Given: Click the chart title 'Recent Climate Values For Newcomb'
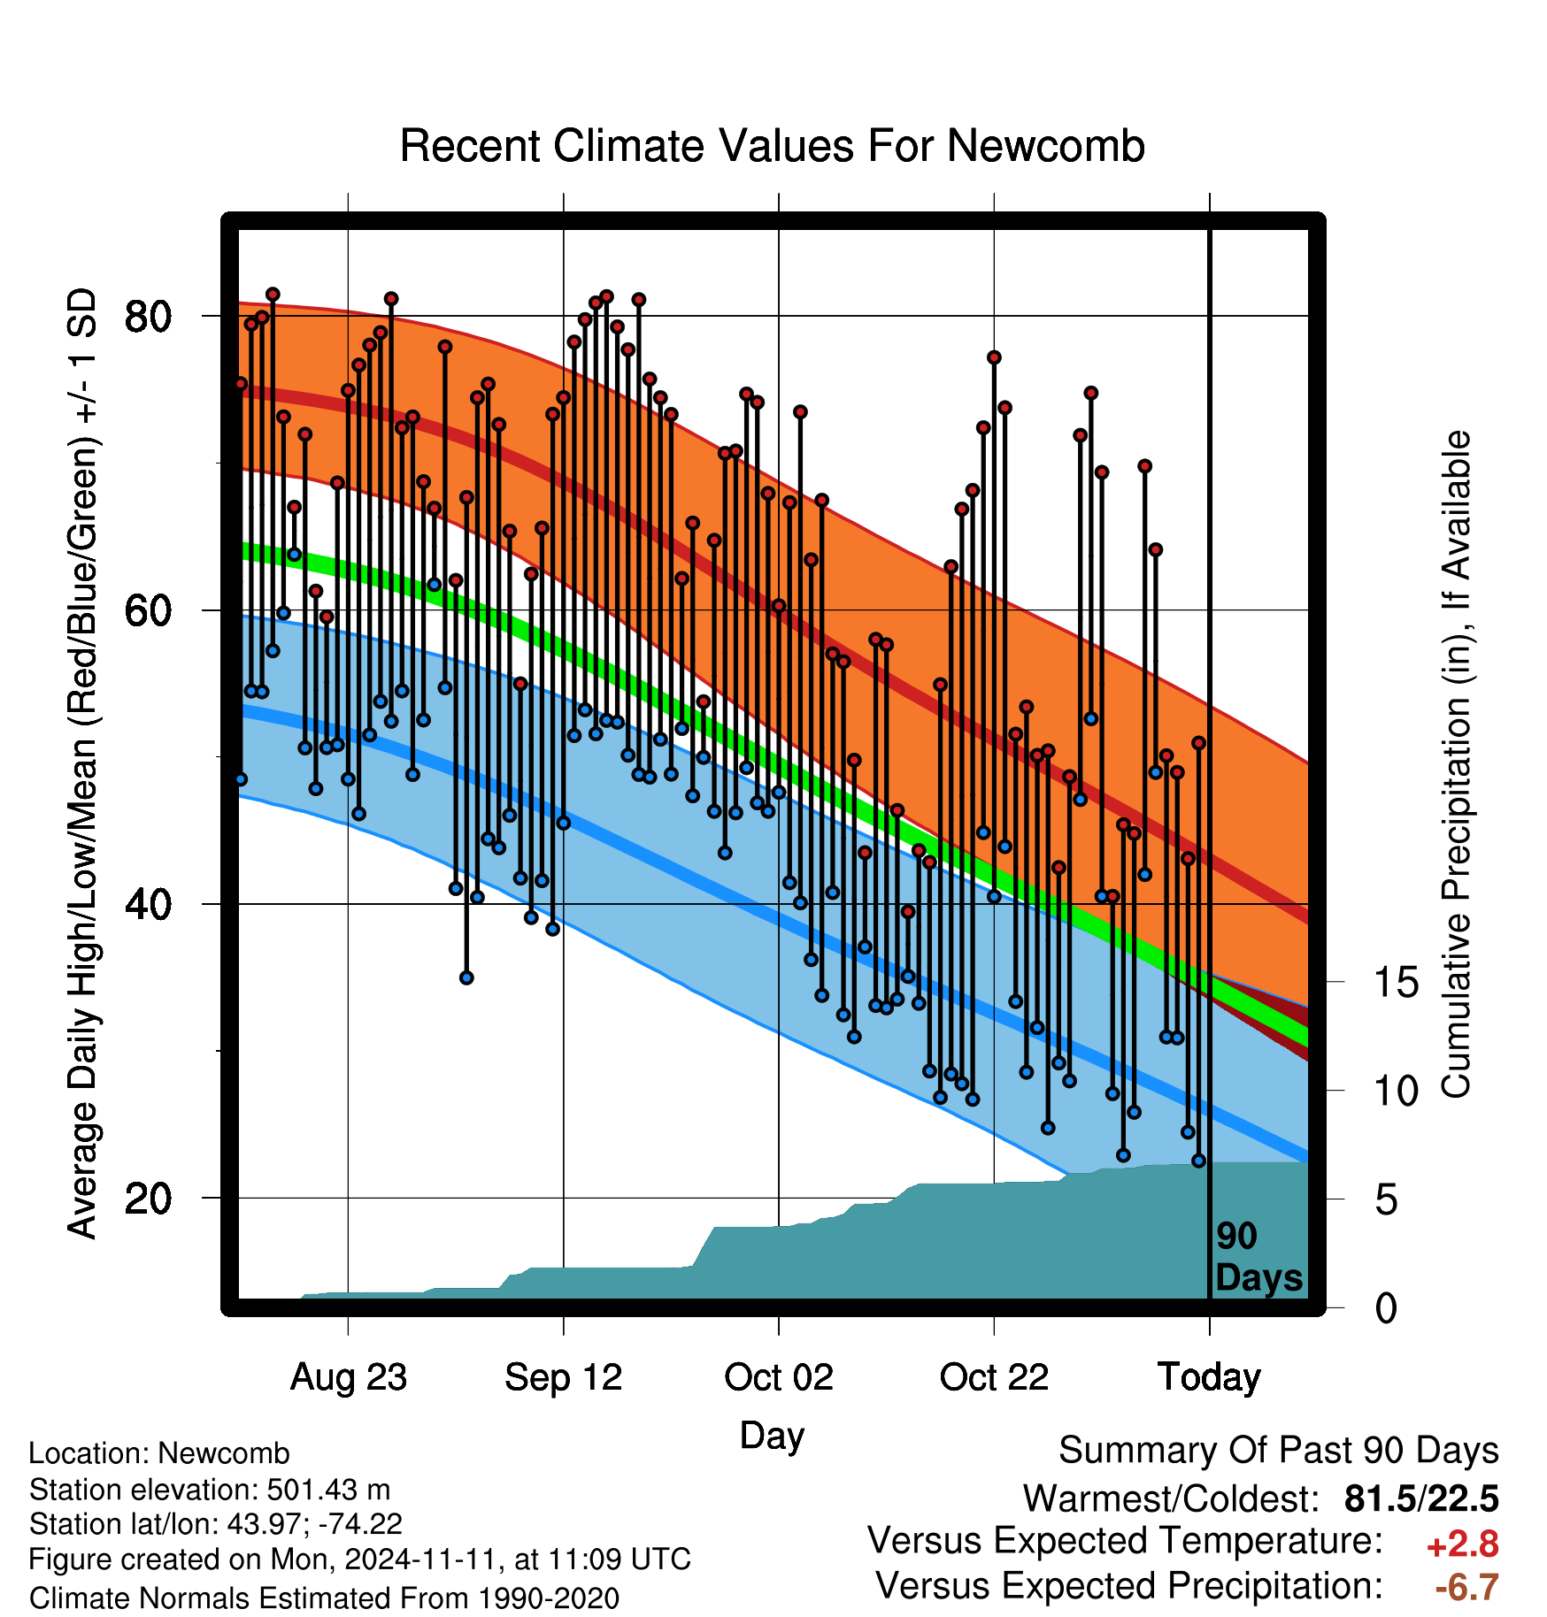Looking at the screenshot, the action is pos(772,146).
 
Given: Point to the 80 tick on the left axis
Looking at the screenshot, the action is pos(148,316).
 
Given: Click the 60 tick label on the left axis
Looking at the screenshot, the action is pos(148,610).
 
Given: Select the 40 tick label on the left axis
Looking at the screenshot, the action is pos(148,904).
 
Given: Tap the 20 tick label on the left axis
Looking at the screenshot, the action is pos(148,1199).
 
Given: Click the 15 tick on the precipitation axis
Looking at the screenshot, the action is pos(1397,982).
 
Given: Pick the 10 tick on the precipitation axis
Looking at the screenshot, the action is pos(1397,1091).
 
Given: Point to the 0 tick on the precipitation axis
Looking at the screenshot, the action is pos(1386,1308).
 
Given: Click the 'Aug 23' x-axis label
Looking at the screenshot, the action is pos(349,1377).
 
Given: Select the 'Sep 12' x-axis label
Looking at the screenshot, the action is pos(564,1377).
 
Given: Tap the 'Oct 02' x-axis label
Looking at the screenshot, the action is pos(779,1377).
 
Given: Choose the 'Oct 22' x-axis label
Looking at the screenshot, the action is pos(994,1377).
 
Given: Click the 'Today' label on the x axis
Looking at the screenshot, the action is pos(1209,1377).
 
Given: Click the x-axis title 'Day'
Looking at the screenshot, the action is pos(772,1437).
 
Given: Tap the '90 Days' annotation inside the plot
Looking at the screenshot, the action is pos(1258,1257).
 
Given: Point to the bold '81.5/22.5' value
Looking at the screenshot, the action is pos(1421,1498).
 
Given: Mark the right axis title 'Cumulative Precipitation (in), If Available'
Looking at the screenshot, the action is pos(1456,765).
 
